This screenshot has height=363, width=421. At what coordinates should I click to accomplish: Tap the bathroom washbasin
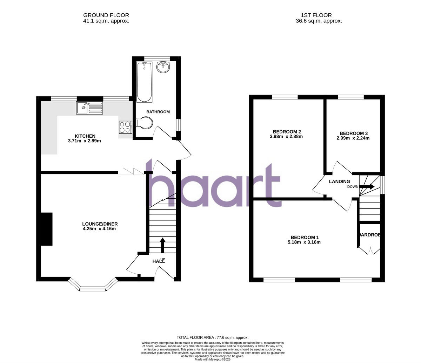163,67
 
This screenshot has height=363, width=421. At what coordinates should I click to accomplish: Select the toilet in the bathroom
145,123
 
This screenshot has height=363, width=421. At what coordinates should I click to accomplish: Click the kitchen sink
89,108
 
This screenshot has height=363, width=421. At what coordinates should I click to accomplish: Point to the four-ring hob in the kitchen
125,127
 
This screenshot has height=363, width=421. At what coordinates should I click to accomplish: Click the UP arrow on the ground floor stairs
162,245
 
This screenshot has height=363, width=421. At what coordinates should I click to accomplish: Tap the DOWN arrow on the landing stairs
367,187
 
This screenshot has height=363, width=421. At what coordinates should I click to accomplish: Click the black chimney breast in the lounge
47,229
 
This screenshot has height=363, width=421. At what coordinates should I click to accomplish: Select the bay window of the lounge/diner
93,286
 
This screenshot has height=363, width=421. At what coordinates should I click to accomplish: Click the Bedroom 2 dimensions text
286,137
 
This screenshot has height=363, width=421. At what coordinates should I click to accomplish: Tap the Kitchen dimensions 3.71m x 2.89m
85,141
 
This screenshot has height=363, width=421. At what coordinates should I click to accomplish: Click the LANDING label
339,181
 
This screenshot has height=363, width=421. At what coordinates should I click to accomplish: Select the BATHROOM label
158,112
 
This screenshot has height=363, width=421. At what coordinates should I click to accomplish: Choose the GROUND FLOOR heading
106,15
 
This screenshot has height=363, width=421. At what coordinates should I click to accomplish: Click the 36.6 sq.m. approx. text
319,21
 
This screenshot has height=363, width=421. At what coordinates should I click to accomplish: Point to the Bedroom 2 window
285,97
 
